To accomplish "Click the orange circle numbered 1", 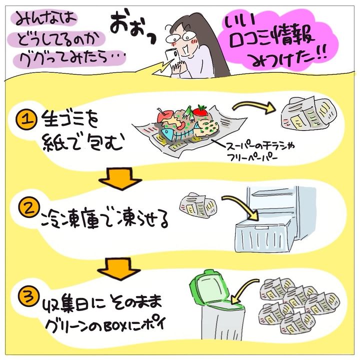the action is pos(26,119).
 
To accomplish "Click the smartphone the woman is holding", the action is pos(171,56).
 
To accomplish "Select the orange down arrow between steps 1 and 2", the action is pos(120,178).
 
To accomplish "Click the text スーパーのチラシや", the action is pos(260,146).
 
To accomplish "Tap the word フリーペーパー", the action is pos(252,157).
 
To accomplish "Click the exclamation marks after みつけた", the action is pos(321,55).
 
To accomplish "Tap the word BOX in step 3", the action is pos(115,326).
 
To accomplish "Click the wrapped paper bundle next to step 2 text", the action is pos(198,205).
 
